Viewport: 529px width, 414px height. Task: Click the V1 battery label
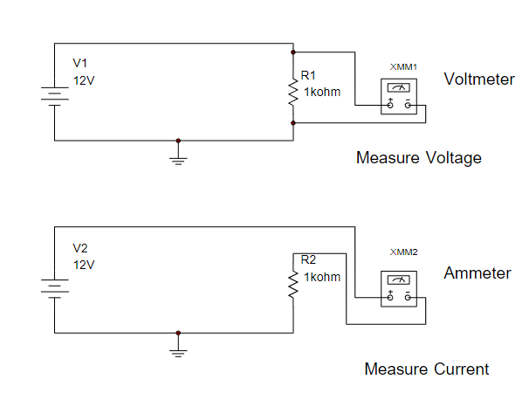80,64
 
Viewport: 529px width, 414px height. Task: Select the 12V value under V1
83,79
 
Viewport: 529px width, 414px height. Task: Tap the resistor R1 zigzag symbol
293,92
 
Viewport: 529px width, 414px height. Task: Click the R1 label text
309,76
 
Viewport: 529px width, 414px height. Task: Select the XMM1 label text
403,67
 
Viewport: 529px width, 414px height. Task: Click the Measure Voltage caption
419,158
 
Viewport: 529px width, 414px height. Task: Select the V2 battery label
81,248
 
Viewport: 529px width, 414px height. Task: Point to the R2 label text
309,259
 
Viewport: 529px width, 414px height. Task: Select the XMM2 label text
403,252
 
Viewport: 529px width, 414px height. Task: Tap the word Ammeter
477,273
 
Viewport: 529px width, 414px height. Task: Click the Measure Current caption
427,369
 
